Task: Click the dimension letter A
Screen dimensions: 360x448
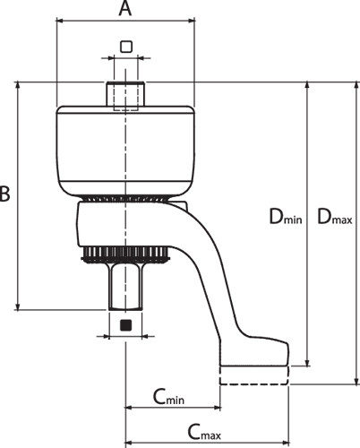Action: point(125,8)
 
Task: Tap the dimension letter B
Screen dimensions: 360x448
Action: point(4,194)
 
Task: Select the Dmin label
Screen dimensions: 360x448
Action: point(286,217)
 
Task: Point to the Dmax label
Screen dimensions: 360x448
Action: point(334,217)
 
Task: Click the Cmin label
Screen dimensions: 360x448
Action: point(168,397)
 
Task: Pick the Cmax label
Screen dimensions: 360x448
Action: point(204,432)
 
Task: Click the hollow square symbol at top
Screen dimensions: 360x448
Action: point(126,47)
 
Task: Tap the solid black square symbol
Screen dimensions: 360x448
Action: point(125,325)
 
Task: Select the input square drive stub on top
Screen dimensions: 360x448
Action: point(125,93)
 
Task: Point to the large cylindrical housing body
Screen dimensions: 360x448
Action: point(125,151)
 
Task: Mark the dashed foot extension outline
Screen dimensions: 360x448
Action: point(254,375)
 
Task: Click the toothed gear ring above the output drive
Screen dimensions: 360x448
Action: point(125,254)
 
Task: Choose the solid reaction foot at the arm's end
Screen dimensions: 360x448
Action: point(254,351)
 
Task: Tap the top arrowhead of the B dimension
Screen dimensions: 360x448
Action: point(18,85)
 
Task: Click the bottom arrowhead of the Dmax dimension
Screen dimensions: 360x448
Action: point(356,381)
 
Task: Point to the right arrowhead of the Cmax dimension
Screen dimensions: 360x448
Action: point(285,443)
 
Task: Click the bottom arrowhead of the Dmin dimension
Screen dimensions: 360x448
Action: point(307,361)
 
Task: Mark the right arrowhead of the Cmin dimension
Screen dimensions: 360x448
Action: point(216,407)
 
